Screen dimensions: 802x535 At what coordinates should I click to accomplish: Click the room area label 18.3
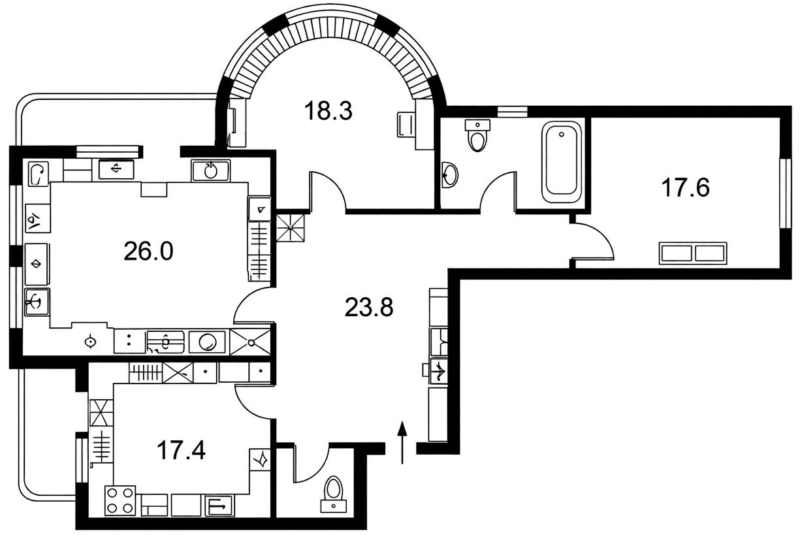(329, 111)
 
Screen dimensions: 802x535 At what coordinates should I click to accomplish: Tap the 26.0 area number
(149, 251)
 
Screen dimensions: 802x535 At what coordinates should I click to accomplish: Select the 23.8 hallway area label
(369, 308)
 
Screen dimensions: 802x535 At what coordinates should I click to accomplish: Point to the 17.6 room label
(685, 188)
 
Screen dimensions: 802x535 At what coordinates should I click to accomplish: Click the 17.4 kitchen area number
(181, 451)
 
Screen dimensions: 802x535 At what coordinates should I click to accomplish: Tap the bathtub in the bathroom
(562, 162)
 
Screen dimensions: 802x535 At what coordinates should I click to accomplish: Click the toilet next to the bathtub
(477, 135)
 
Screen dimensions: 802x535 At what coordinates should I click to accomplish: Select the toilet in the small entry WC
(333, 494)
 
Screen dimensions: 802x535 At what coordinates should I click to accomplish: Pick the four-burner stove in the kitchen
(120, 500)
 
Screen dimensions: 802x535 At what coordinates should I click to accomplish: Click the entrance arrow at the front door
(402, 443)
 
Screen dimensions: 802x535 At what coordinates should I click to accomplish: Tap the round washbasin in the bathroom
(450, 174)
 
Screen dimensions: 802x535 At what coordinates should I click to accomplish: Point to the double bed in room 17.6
(693, 253)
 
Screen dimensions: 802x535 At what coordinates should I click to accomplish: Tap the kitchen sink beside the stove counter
(219, 506)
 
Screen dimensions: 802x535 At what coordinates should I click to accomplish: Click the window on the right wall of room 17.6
(786, 193)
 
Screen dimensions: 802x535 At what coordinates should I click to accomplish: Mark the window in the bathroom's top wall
(513, 111)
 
